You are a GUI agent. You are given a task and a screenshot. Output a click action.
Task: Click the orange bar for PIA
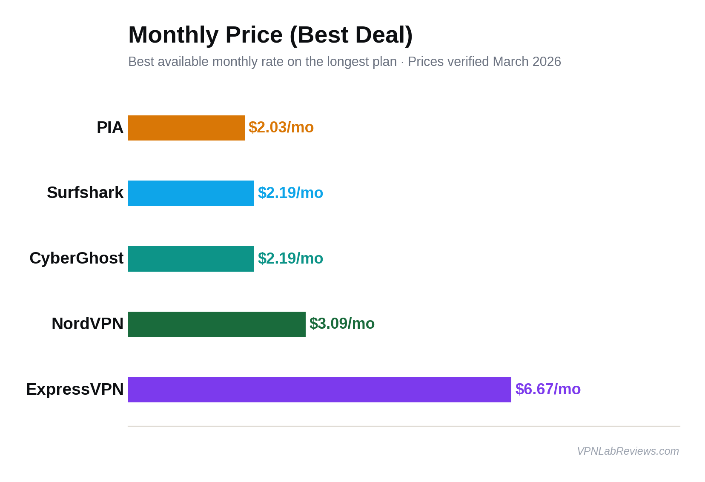[186, 128]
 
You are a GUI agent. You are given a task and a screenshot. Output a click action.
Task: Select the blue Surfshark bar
[191, 193]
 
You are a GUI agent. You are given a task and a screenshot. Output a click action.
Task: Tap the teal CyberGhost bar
[191, 259]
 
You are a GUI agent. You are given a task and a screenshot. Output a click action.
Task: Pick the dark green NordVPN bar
[217, 324]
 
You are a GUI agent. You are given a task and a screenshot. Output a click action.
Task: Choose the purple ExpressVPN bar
[319, 390]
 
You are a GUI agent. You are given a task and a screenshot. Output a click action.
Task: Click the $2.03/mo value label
[281, 127]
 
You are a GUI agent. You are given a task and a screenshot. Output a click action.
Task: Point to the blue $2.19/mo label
[290, 193]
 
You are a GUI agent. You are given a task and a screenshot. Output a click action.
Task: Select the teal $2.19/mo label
[290, 258]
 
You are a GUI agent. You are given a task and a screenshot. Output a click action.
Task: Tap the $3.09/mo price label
[342, 324]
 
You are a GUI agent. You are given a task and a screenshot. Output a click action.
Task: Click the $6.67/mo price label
[548, 389]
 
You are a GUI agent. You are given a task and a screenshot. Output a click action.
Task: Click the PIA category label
[110, 127]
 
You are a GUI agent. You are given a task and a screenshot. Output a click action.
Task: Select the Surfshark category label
[85, 192]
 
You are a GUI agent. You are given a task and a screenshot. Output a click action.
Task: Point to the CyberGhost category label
[76, 258]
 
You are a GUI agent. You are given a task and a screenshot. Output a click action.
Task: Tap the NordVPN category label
[87, 324]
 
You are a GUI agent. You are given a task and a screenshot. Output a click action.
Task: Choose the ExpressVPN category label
[75, 389]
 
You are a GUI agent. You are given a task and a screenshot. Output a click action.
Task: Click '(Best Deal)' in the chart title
[351, 35]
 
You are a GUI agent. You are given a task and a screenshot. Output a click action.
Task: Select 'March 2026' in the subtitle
[527, 62]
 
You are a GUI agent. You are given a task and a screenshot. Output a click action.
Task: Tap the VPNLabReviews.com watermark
[628, 451]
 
